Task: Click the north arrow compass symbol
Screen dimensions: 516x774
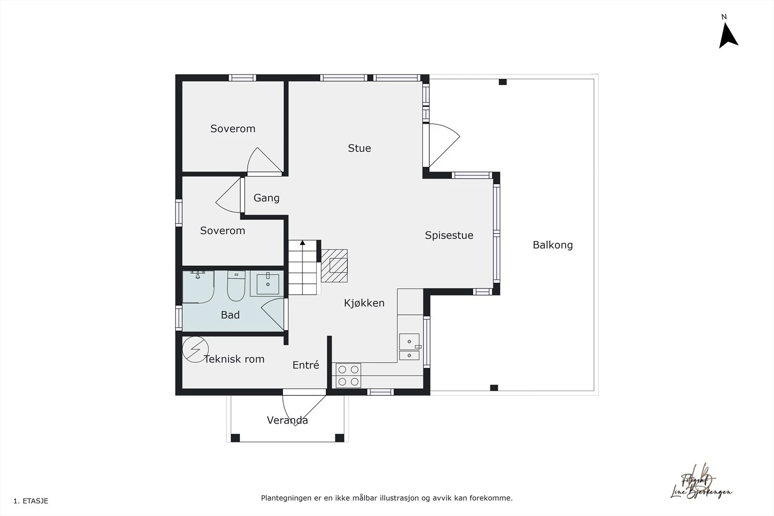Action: (728, 35)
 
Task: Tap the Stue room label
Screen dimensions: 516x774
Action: (359, 148)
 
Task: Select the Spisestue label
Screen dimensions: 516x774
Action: (449, 236)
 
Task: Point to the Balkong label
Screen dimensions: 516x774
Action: (552, 245)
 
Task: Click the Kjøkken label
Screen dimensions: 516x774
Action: (364, 303)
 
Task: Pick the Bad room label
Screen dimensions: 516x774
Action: (230, 315)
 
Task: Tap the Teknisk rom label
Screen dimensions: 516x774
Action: (234, 359)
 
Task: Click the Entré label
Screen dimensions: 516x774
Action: (306, 365)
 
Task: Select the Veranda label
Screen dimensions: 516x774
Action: (287, 420)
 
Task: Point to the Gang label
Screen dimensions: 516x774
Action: (267, 198)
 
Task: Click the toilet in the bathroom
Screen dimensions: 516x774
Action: (236, 286)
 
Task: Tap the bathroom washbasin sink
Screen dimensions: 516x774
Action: (268, 283)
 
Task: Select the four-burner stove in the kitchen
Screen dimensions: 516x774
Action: (348, 375)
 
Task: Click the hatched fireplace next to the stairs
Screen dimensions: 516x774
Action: (335, 265)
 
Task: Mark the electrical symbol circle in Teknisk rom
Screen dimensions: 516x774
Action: (195, 349)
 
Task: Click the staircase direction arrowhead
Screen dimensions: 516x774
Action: (303, 243)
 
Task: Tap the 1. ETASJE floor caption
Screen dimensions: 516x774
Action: (31, 501)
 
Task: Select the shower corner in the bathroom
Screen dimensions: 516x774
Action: (198, 287)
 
